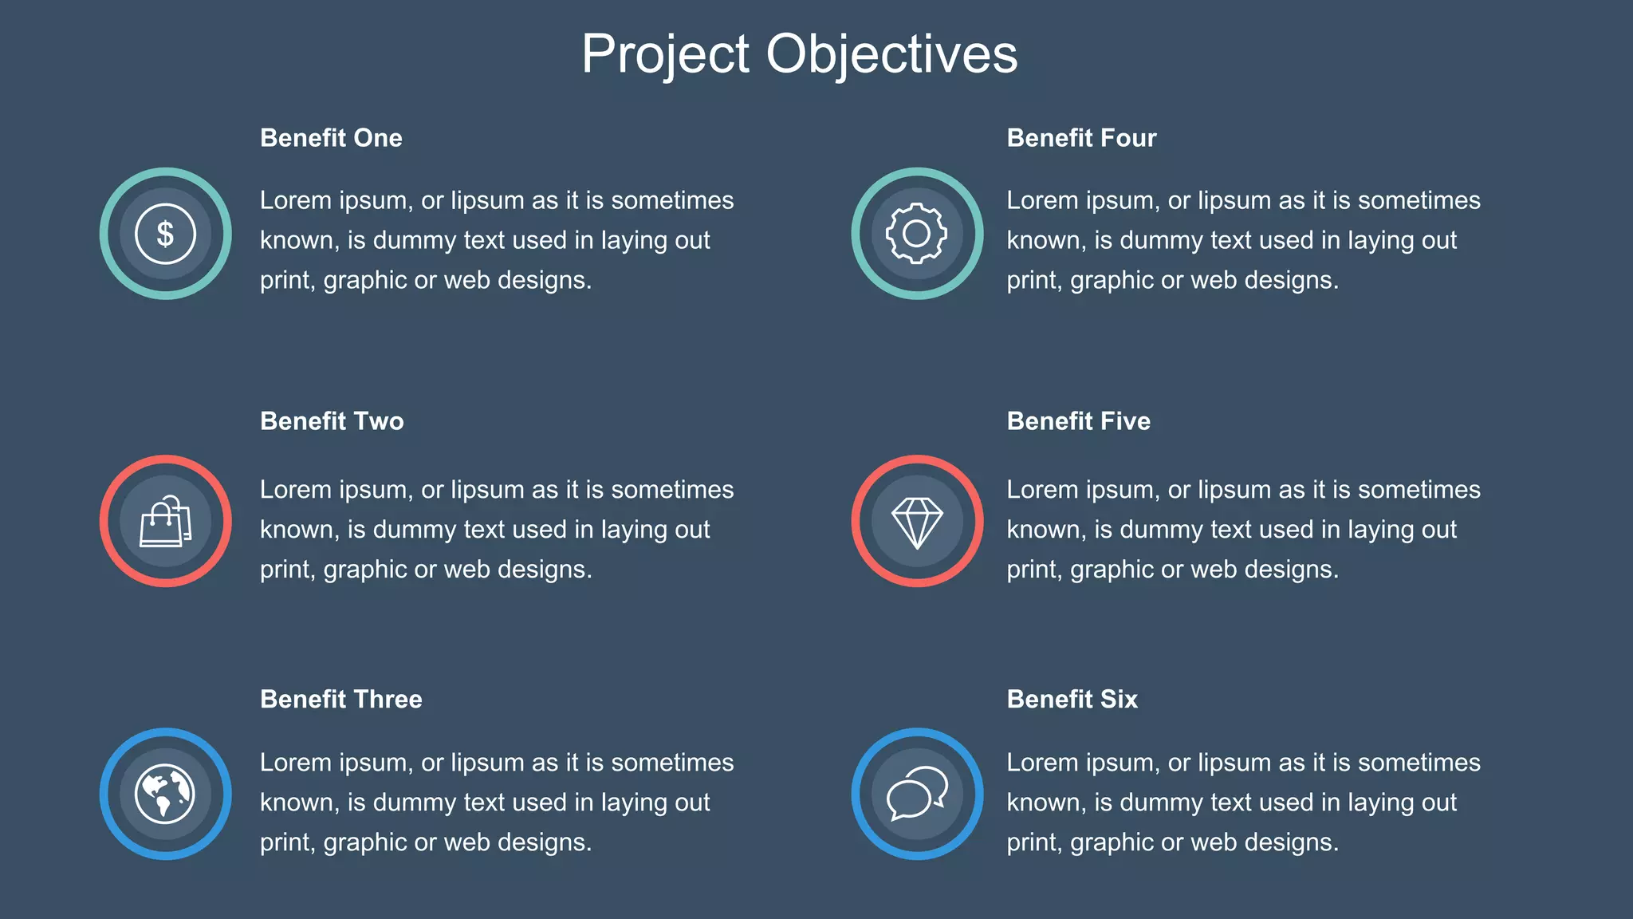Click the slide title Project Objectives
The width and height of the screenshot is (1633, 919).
click(x=799, y=54)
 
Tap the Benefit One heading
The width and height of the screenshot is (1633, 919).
click(x=331, y=138)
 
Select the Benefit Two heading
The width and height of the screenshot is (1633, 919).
click(x=332, y=421)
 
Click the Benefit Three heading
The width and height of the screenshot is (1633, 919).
click(x=341, y=699)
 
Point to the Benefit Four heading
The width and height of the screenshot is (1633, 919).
click(x=1081, y=138)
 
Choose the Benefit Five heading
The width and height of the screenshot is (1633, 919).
click(x=1078, y=421)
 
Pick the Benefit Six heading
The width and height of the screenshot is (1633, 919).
click(x=1072, y=699)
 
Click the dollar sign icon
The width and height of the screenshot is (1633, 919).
click(x=166, y=234)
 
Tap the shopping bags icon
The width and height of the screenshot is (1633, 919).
click(x=166, y=522)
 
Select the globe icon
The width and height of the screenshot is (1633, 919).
click(x=165, y=794)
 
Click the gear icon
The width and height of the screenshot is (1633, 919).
click(x=917, y=234)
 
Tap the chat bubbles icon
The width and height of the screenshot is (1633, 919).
click(x=917, y=794)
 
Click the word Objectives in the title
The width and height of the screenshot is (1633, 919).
click(x=891, y=54)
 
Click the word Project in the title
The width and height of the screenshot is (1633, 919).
click(x=665, y=54)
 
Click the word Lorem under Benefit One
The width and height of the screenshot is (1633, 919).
click(x=295, y=200)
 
